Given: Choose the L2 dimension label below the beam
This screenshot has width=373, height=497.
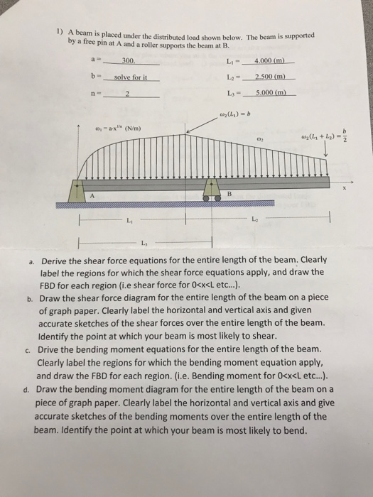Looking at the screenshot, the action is [x=256, y=219].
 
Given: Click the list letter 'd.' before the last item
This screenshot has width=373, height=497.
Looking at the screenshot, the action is [x=26, y=390].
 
